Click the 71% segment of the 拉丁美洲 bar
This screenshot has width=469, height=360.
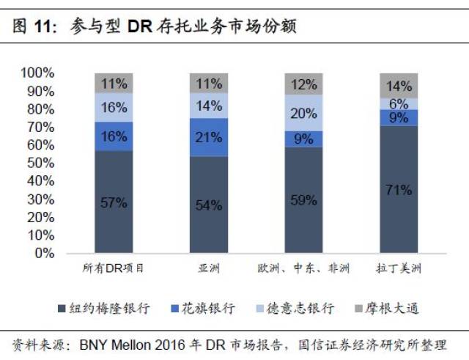tap(399, 189)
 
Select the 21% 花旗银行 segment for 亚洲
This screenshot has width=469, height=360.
tap(208, 137)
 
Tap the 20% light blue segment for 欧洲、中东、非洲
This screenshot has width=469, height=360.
tap(303, 113)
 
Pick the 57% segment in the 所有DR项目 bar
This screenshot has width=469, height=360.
tap(114, 202)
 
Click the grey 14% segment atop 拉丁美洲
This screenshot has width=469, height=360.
tap(399, 85)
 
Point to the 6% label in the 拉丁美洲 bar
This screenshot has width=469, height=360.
tap(399, 104)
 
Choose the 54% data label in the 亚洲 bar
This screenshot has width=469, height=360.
tap(208, 205)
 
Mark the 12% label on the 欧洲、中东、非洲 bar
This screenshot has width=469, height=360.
tap(303, 84)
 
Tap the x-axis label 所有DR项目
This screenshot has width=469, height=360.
tap(114, 268)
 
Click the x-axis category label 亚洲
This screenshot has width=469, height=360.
tap(208, 268)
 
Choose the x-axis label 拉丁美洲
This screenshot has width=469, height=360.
tap(399, 268)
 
